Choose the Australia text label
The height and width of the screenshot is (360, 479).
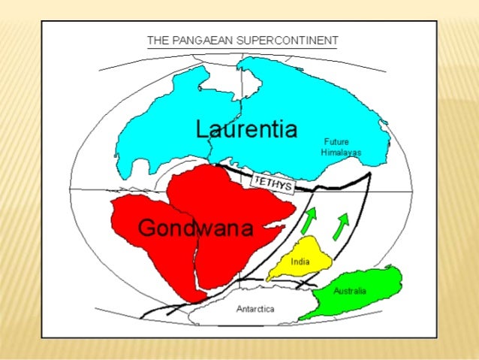[350, 291]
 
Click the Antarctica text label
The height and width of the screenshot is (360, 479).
[255, 308]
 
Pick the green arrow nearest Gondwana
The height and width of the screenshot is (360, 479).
[309, 220]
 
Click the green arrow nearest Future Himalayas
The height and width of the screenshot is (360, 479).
[342, 224]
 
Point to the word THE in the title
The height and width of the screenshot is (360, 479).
[158, 40]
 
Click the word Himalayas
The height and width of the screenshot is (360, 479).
[342, 152]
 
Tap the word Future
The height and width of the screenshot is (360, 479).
[336, 141]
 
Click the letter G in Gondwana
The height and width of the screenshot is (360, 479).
[146, 228]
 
